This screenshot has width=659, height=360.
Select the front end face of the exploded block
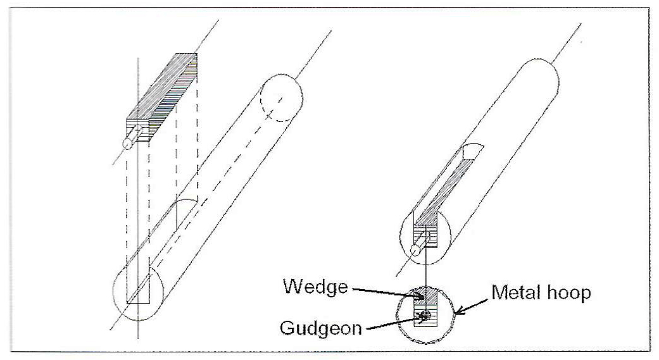coord(138,129)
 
